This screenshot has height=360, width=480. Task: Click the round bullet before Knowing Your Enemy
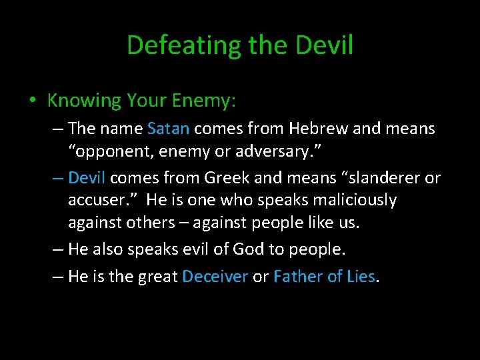tap(32, 101)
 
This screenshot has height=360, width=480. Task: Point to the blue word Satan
tap(169, 128)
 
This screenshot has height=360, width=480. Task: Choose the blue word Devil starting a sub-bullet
tap(87, 178)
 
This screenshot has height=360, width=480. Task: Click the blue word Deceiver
tap(215, 277)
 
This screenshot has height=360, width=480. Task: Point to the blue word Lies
tap(361, 277)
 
